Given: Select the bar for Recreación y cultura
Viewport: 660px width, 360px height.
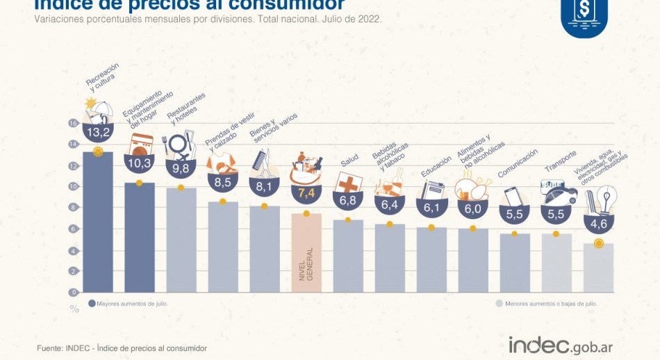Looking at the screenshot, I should [97, 222].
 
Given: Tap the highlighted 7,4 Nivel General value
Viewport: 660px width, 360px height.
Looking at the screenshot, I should [306, 191].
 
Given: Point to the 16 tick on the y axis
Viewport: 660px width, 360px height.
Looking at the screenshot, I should [73, 123].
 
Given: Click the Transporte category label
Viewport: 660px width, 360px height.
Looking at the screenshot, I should [560, 161].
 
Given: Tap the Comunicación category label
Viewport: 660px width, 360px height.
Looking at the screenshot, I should [518, 163].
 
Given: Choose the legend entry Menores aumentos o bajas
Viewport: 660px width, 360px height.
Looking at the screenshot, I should [545, 304].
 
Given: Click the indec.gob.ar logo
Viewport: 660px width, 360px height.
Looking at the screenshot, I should [561, 345].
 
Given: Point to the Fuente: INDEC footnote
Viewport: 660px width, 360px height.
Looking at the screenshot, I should [122, 347].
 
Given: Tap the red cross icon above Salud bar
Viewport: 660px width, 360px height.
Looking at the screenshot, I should [347, 183].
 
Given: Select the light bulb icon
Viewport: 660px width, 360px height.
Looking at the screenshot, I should [607, 199].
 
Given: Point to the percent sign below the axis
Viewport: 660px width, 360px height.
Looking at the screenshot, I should [74, 309].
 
